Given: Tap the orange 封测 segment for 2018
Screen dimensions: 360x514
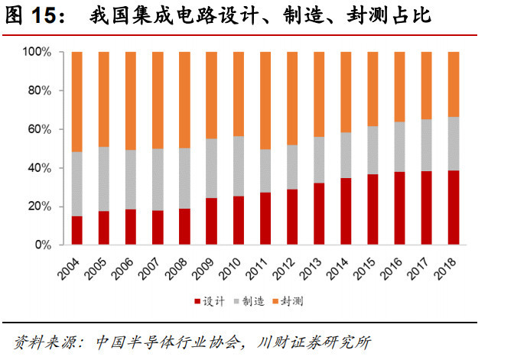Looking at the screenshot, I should click(x=453, y=84).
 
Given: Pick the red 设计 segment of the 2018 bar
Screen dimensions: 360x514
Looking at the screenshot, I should click(x=453, y=208).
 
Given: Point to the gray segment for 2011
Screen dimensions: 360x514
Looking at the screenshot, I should click(x=265, y=170).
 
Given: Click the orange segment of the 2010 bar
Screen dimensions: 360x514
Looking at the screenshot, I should click(x=238, y=94).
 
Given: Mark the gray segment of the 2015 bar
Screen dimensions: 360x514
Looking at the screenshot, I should click(x=372, y=150).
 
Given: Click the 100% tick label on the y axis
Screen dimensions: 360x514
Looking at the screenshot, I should click(x=37, y=52).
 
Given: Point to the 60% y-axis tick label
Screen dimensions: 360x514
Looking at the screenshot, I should click(x=39, y=129).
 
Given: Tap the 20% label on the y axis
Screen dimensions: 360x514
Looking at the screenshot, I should click(x=39, y=206).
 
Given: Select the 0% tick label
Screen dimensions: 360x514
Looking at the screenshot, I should click(x=42, y=245).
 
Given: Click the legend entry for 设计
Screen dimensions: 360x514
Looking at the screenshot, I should click(x=210, y=302).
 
